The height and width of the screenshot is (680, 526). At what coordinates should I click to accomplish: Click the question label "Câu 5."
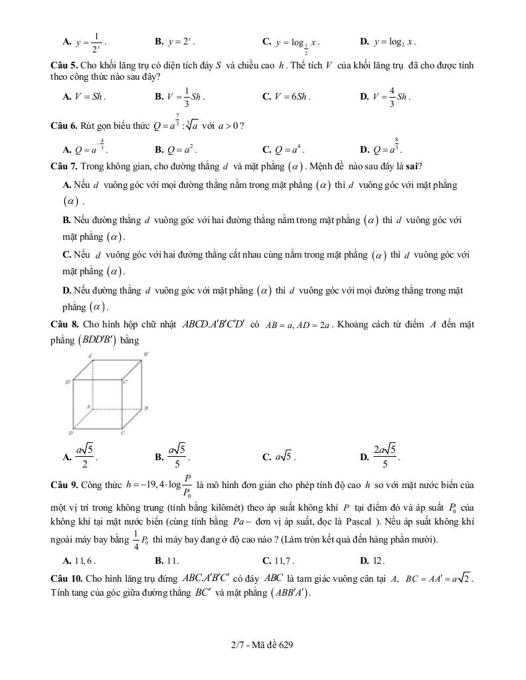[64, 66]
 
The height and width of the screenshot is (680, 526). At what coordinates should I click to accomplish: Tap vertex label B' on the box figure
[145, 356]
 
